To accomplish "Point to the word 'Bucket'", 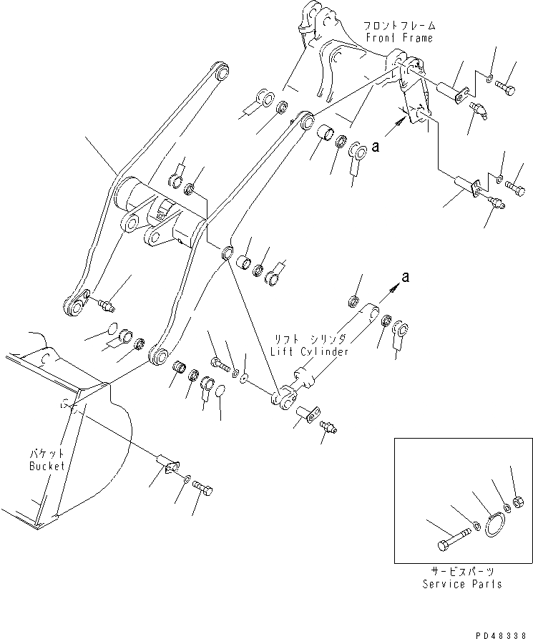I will [47, 466].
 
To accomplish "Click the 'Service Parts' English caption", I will [462, 584].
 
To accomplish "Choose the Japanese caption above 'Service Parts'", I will [461, 571].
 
